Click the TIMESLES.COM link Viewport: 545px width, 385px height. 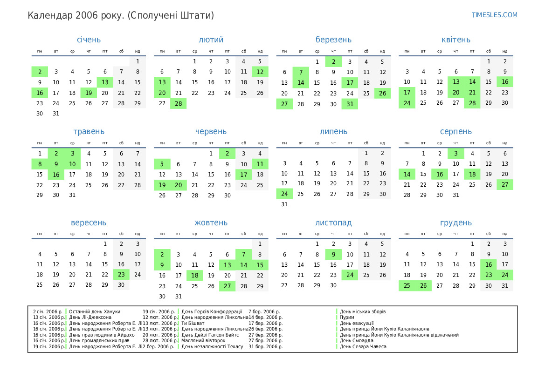point(494,15)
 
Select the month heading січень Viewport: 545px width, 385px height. point(89,40)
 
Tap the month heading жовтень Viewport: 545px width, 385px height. point(211,223)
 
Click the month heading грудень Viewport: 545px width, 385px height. point(455,223)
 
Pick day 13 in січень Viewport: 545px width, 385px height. point(105,82)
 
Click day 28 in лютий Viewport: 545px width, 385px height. point(178,103)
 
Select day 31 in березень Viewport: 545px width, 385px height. point(350,104)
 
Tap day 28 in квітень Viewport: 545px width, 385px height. point(472,103)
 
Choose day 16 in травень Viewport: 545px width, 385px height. point(56,175)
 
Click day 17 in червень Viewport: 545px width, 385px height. point(243,175)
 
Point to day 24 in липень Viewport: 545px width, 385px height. point(284,194)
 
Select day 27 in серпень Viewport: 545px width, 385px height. point(505,185)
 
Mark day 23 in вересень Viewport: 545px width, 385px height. point(121,275)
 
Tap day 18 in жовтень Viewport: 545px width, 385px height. point(194,275)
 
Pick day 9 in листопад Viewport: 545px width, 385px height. point(333,254)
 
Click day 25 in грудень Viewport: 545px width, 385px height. point(407,285)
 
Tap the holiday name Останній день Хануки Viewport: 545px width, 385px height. point(95,311)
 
